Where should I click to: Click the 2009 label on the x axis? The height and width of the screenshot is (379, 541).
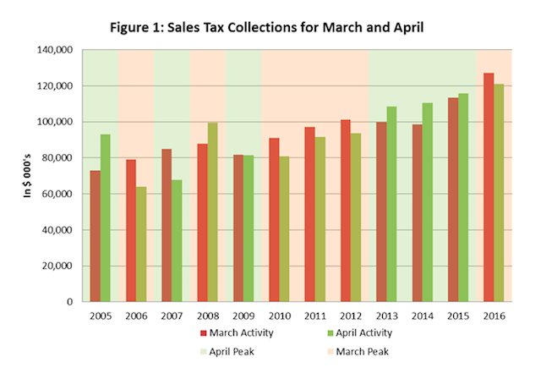243,315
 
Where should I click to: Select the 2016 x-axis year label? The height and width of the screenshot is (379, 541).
493,315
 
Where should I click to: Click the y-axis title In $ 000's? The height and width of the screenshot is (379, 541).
26,176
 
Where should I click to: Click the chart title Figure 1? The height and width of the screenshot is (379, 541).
270,23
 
